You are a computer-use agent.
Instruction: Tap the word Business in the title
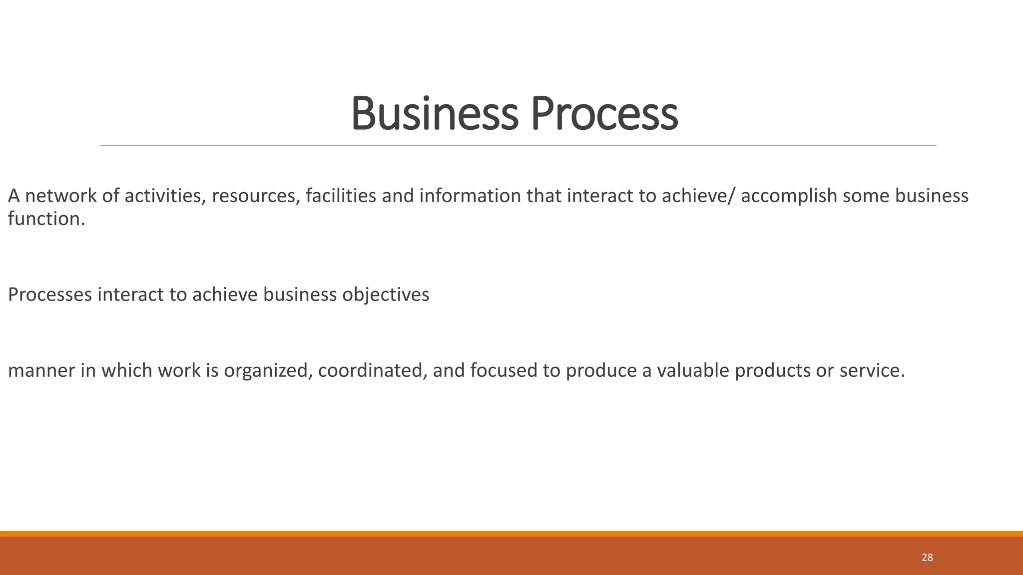435,113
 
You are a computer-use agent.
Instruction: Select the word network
61,196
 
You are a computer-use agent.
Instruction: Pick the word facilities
341,196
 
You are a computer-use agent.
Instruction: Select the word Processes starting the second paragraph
50,294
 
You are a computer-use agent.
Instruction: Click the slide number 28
927,558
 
